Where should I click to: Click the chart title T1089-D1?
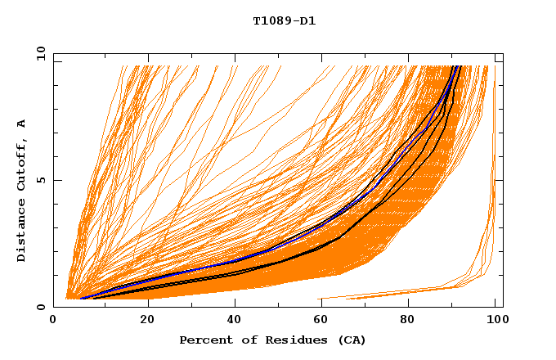[284, 21]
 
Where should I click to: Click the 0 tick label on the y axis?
[39, 308]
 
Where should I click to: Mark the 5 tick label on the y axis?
[39, 181]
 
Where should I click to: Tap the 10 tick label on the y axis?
[37, 54]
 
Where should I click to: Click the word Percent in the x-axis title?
[204, 340]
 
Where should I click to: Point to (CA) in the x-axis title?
[349, 340]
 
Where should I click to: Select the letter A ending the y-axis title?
[22, 123]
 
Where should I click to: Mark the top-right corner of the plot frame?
[503, 54]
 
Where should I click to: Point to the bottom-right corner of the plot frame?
[503, 308]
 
